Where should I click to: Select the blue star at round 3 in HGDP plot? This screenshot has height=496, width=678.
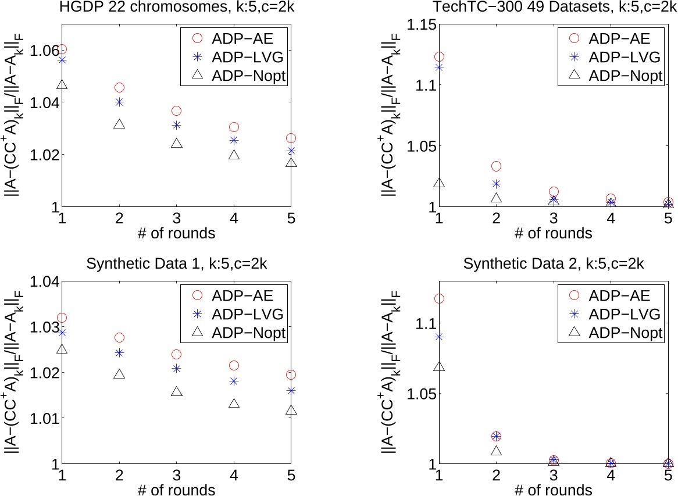tap(177, 125)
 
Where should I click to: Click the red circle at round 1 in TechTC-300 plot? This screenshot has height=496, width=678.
tap(440, 56)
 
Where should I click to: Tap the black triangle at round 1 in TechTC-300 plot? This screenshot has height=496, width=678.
tap(440, 183)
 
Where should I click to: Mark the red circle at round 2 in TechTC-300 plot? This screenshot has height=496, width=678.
tap(497, 166)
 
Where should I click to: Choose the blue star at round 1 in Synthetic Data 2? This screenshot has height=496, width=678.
tap(440, 337)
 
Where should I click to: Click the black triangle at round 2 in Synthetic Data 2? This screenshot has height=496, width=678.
tap(497, 451)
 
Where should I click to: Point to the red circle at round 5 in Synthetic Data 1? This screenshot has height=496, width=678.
tap(291, 375)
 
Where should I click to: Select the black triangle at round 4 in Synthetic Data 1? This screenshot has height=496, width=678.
tap(234, 403)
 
